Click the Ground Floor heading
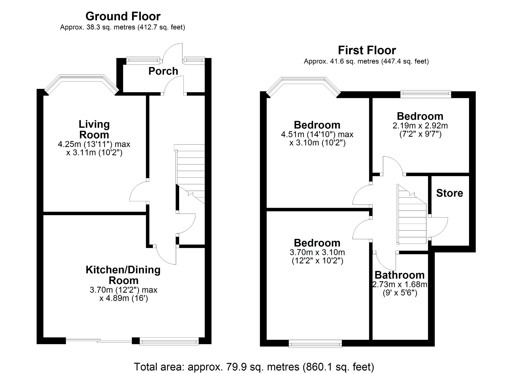pos(123,16)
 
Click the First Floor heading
pos(367,50)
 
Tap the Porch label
pos(163,71)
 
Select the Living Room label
pos(94,130)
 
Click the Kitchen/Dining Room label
pos(123,275)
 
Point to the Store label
pos(449,193)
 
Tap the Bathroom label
pos(399,275)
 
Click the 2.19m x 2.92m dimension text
pos(420,126)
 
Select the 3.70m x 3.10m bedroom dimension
pos(317,252)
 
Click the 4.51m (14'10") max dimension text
pos(317,134)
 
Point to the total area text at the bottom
pos(254,367)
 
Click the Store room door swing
pos(438,226)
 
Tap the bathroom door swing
pos(385,260)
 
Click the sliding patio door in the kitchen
pos(99,341)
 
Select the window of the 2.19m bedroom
pos(426,94)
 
